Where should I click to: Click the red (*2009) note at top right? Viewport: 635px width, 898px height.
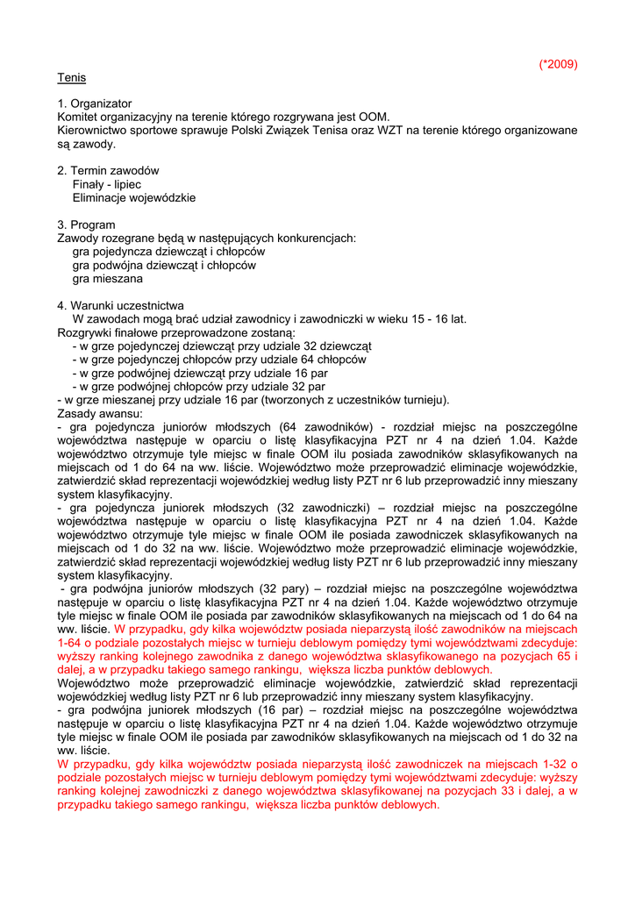(558, 64)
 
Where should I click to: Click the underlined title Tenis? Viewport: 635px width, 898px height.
(72, 77)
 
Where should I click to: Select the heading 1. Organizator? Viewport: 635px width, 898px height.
(95, 103)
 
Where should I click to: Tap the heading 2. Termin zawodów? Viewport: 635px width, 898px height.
(108, 171)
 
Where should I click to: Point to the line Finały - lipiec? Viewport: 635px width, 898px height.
(107, 184)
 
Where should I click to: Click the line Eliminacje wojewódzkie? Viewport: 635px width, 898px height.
(134, 197)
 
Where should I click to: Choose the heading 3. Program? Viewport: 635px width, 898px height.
(86, 224)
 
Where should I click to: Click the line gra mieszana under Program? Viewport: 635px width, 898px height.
(108, 278)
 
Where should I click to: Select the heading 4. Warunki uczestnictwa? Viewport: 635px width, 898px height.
(120, 305)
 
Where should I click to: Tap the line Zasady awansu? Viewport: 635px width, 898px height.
(93, 413)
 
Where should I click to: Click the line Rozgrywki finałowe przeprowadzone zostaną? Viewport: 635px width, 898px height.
(176, 332)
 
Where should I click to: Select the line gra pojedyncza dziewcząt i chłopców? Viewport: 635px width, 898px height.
(168, 251)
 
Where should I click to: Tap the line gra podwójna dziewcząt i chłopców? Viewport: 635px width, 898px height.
(164, 265)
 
